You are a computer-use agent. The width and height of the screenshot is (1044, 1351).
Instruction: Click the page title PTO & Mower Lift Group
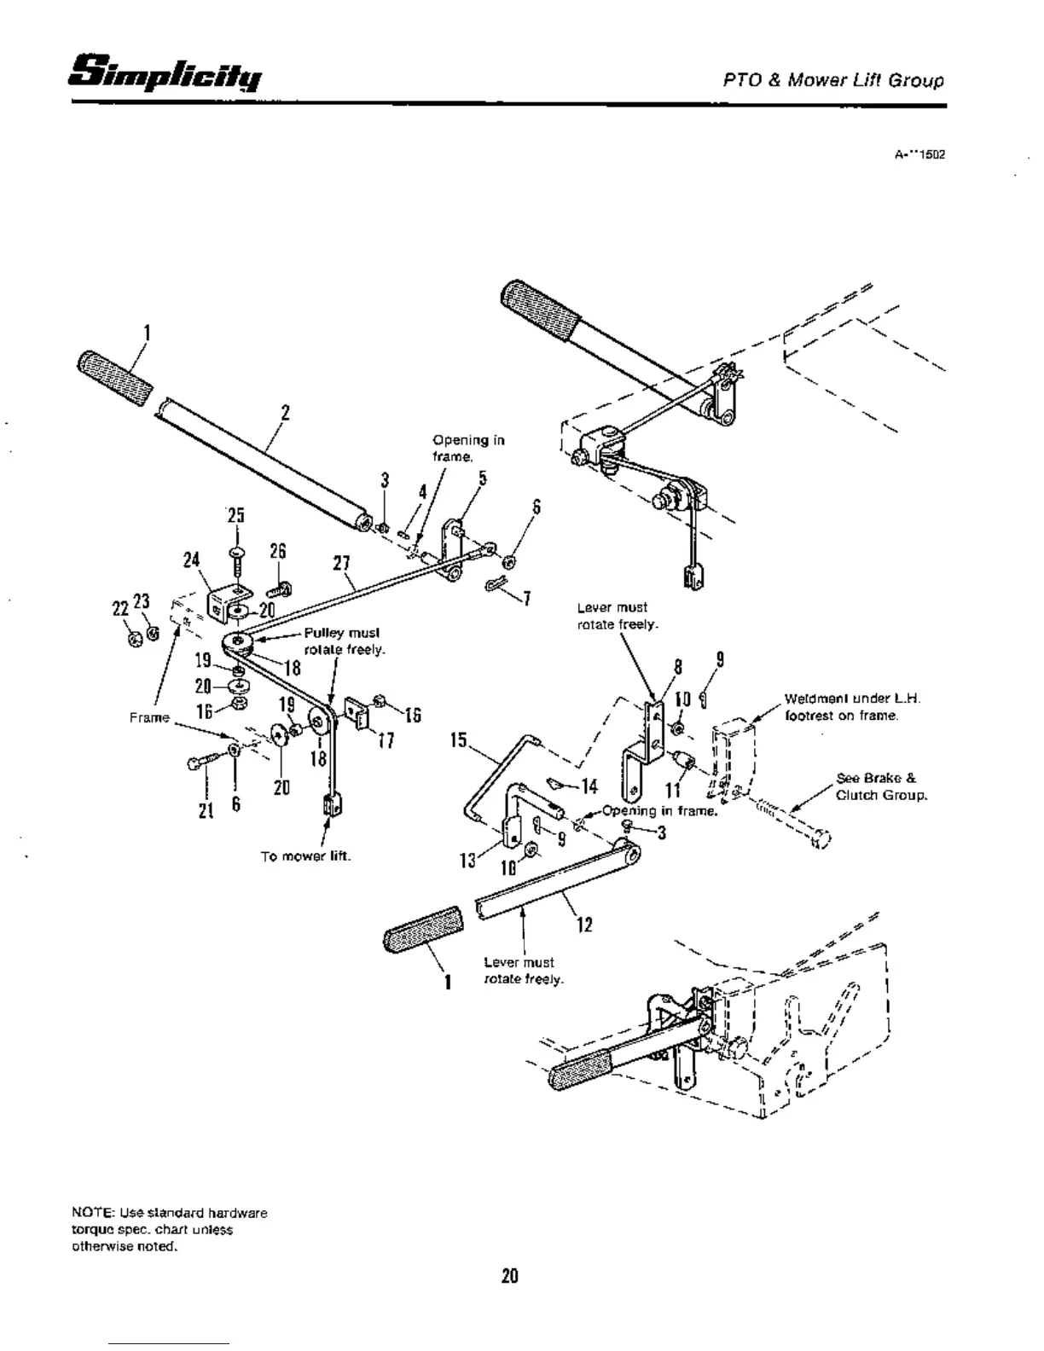pos(833,81)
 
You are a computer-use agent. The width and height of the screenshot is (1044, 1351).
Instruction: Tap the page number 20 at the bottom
pos(509,1276)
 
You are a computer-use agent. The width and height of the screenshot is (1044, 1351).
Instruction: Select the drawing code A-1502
pos(919,155)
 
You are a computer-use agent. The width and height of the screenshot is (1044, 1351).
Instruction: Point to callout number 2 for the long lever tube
pos(285,413)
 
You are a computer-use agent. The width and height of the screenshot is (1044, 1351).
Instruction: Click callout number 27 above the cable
pos(342,564)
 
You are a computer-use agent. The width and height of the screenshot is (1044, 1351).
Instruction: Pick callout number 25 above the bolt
pos(235,516)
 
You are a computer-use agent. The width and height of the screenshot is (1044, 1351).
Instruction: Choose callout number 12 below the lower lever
pos(584,925)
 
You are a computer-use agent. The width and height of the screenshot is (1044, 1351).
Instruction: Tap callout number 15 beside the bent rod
pos(460,739)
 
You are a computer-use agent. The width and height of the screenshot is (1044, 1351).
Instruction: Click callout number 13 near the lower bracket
pos(467,861)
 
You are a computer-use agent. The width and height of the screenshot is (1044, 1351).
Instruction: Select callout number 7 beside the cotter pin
pos(528,598)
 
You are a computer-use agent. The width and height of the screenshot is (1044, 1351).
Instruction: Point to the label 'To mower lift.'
pos(305,856)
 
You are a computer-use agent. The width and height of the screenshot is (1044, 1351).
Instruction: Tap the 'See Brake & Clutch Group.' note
pos(880,786)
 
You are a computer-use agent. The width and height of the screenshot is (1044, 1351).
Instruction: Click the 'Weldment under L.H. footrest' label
pos(851,707)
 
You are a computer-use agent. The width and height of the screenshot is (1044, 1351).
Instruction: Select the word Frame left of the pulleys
pos(149,717)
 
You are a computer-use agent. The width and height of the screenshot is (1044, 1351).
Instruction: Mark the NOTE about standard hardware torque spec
pos(169,1229)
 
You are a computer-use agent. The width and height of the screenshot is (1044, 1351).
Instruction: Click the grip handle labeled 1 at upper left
pos(114,376)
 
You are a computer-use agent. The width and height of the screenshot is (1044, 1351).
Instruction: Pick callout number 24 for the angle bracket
pos(191,560)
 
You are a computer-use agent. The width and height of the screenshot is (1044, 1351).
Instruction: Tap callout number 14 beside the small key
pos(589,786)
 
